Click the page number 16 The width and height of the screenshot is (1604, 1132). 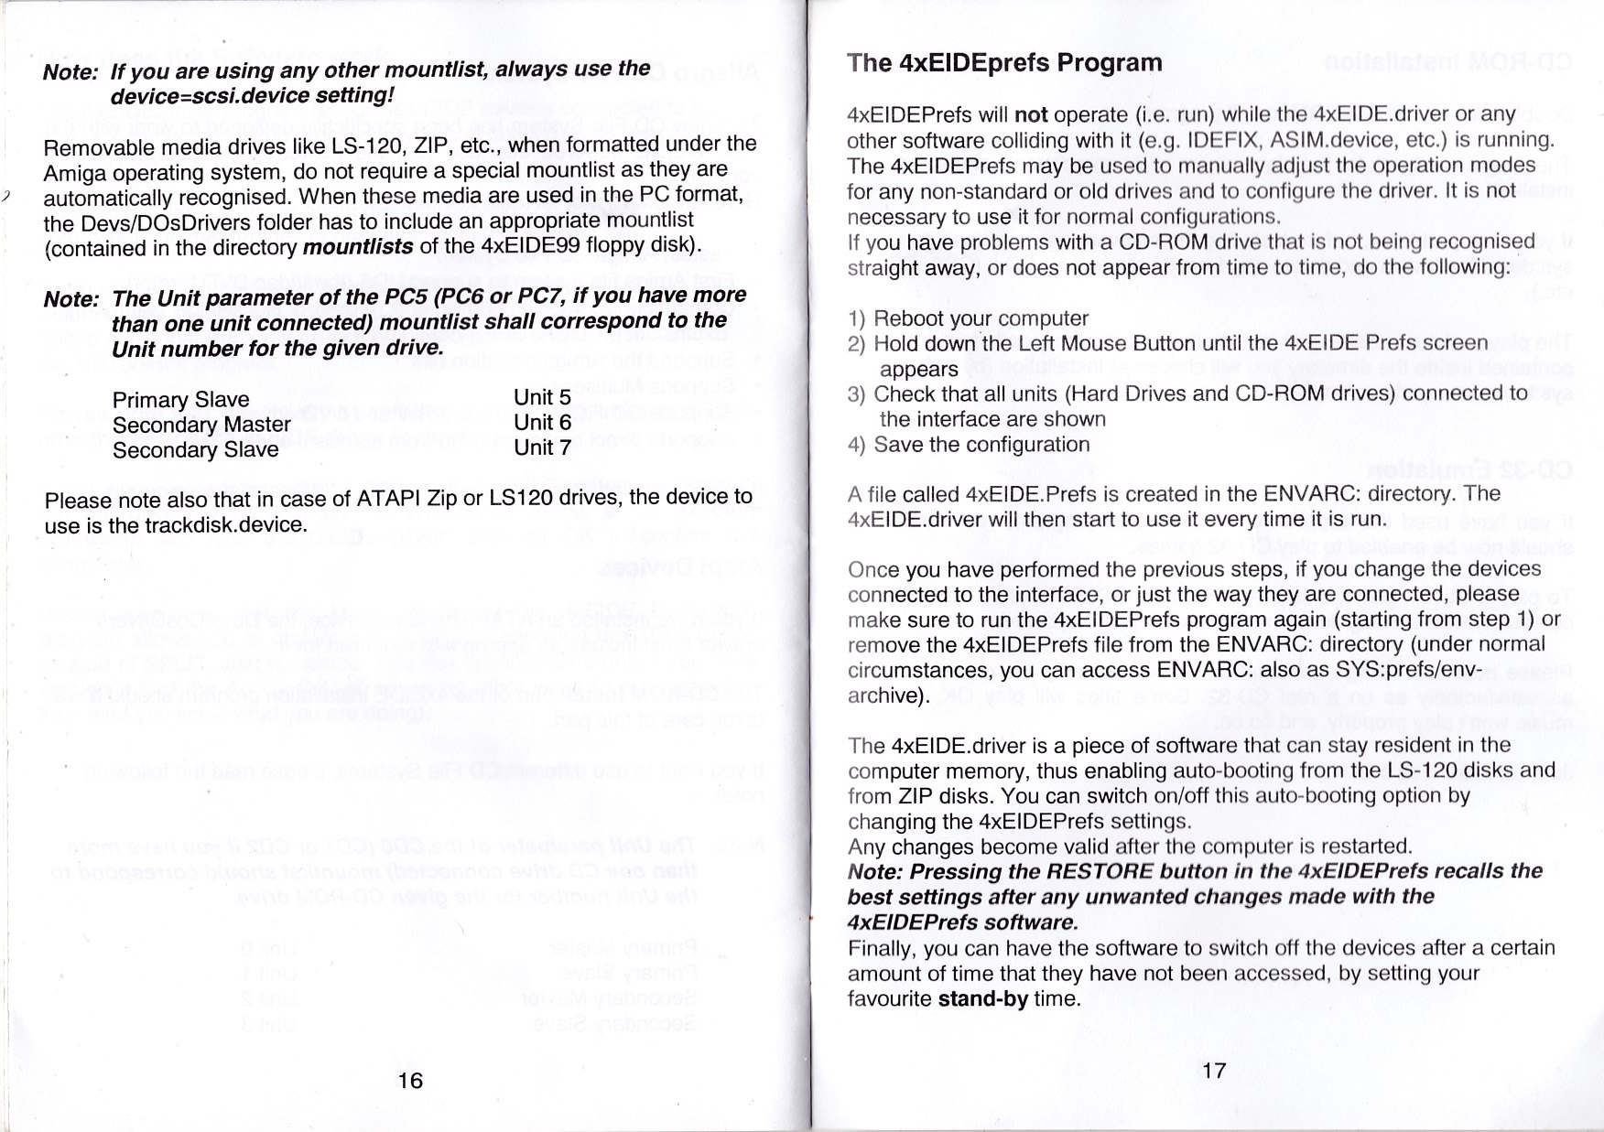tap(410, 1080)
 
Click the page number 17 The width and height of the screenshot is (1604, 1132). tap(1213, 1070)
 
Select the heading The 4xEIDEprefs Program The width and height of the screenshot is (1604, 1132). tap(1004, 63)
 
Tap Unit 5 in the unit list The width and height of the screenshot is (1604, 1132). tap(542, 397)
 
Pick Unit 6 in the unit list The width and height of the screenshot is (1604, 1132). tap(542, 423)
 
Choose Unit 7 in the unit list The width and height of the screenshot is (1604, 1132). tap(542, 447)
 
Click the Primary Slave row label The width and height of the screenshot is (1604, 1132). tap(180, 400)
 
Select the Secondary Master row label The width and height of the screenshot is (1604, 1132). tap(200, 425)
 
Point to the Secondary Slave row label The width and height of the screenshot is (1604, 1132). tap(195, 450)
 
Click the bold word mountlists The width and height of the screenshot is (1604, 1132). tap(357, 247)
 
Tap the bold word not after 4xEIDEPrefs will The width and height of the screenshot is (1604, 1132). tap(1032, 115)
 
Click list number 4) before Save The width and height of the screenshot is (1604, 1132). tap(856, 445)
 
